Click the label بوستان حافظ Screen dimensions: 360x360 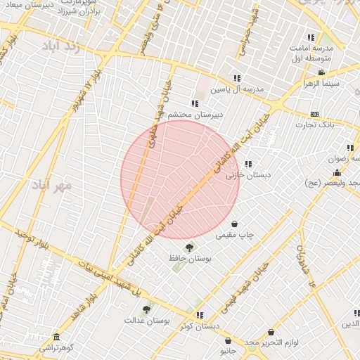click(189, 259)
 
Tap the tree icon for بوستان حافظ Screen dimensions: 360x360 click(188, 247)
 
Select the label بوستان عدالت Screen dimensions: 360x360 click(148, 321)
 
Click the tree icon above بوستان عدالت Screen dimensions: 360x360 click(146, 309)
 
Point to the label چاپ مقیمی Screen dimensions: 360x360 click(235, 235)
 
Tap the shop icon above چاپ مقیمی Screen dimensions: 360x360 click(234, 224)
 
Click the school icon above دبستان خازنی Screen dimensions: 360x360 click(247, 164)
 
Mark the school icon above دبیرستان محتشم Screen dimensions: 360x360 click(194, 103)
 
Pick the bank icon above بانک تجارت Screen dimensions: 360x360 click(314, 114)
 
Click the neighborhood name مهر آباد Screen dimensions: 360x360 click(52, 186)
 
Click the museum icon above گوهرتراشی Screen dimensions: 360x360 click(56, 337)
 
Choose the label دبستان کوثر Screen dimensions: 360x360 click(199, 326)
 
